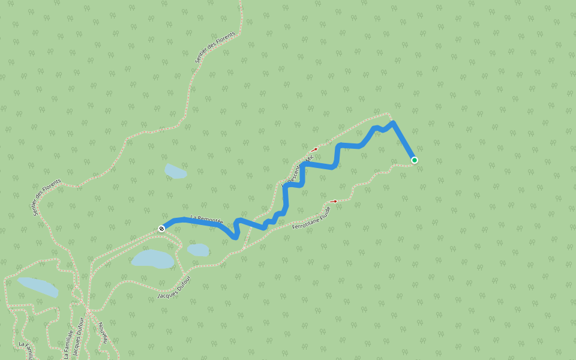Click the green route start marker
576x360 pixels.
pyautogui.click(x=414, y=160)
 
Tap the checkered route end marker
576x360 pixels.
pyautogui.click(x=161, y=229)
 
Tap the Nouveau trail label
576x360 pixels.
pyautogui.click(x=103, y=332)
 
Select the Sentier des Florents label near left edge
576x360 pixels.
pyautogui.click(x=47, y=197)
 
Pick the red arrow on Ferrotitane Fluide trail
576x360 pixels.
pyautogui.click(x=334, y=201)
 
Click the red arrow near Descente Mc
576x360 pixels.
pyautogui.click(x=314, y=149)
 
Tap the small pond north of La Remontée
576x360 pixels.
pyautogui.click(x=175, y=172)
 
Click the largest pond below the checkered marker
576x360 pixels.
pyautogui.click(x=153, y=259)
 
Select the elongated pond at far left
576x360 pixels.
pyautogui.click(x=38, y=286)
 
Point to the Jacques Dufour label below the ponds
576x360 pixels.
pyautogui.click(x=173, y=288)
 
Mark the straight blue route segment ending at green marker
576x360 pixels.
pyautogui.click(x=403, y=142)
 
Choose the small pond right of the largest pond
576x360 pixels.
pyautogui.click(x=198, y=250)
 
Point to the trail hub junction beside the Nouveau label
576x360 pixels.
pyautogui.click(x=87, y=311)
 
